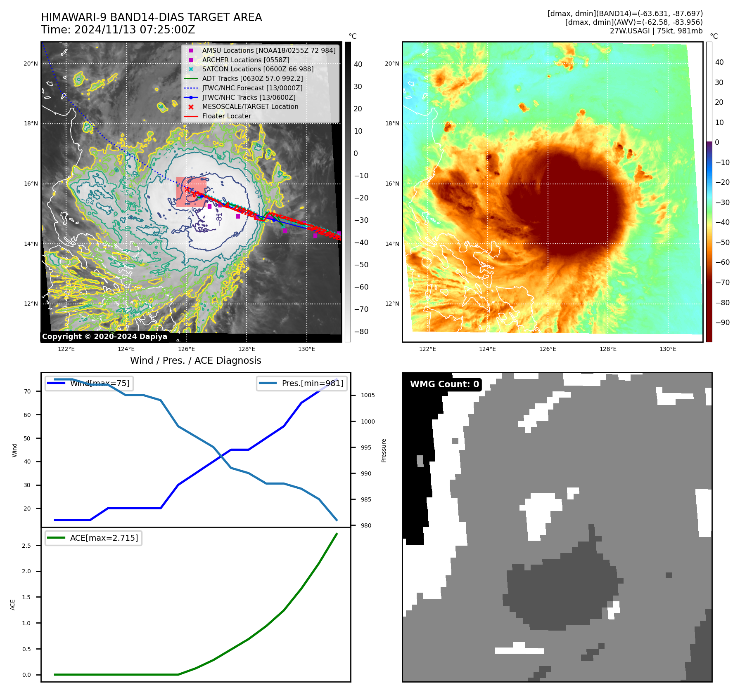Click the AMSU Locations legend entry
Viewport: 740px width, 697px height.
click(x=268, y=50)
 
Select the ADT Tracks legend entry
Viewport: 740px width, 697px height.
click(x=252, y=78)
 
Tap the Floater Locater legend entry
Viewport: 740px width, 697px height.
click(x=226, y=116)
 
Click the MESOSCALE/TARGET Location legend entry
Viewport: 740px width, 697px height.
click(x=250, y=106)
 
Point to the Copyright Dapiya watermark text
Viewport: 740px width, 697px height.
click(x=104, y=337)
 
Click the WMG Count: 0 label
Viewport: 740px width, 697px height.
click(x=444, y=384)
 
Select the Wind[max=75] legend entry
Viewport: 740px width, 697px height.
click(x=100, y=383)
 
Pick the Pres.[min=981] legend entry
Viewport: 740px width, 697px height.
click(x=312, y=383)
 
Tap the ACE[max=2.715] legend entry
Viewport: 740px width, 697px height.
click(x=104, y=538)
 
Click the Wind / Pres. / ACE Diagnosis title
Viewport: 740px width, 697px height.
click(x=195, y=360)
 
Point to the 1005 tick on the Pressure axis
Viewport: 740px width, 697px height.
click(x=368, y=395)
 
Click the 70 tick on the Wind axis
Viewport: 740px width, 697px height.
click(x=27, y=391)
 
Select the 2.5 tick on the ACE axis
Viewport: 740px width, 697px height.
click(x=26, y=546)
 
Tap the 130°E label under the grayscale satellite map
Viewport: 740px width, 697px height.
click(x=306, y=349)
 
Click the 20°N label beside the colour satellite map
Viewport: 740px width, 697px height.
click(x=392, y=64)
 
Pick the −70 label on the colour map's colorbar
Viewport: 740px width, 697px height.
click(x=722, y=283)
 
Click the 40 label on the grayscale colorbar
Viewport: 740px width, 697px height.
click(x=358, y=64)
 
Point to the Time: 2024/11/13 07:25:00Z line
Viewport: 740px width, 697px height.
click(x=118, y=30)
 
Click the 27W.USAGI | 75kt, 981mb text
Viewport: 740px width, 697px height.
click(x=656, y=31)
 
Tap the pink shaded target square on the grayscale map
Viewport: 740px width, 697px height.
click(x=191, y=192)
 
